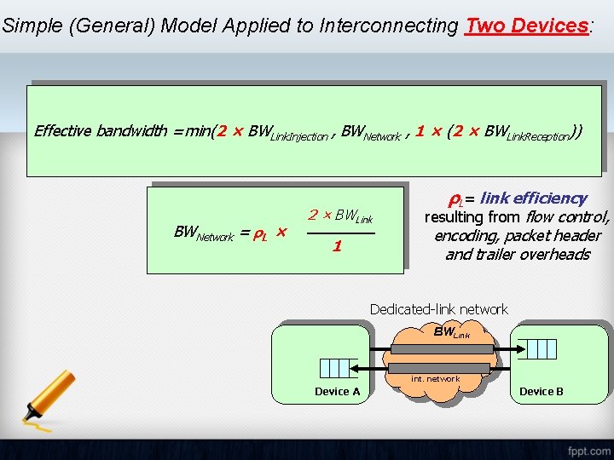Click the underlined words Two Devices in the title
527,26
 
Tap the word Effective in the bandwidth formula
62,130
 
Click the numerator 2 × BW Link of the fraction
340,216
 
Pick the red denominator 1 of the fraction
338,246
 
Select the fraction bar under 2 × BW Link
339,232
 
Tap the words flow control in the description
568,216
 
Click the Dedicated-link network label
438,309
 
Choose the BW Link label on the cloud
451,332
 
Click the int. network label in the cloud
435,379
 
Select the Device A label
337,391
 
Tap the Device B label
542,391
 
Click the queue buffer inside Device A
333,367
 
